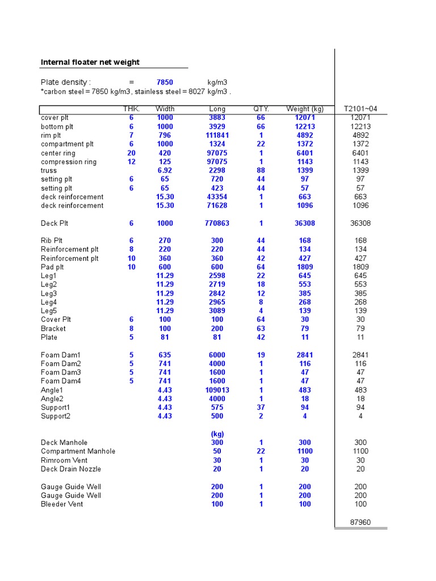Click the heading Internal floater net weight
tap(90, 62)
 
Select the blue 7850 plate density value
tap(165, 82)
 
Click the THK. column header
tap(131, 109)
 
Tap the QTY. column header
tap(261, 109)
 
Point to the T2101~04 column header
tap(360, 109)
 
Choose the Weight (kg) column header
tap(305, 109)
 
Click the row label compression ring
tap(69, 162)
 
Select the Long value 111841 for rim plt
tap(217, 136)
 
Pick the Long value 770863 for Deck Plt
tap(217, 224)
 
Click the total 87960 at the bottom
tap(360, 522)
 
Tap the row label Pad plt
tap(52, 267)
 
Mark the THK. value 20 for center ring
tap(131, 153)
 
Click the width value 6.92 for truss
tap(165, 170)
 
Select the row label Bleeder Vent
tap(62, 504)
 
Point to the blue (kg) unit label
tap(217, 434)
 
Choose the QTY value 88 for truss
tap(261, 170)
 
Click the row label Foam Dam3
tap(61, 372)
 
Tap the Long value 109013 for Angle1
tap(217, 390)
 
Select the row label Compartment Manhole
tap(78, 452)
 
